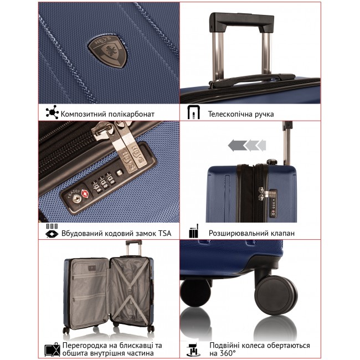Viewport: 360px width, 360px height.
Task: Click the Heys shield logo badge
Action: click(x=108, y=52)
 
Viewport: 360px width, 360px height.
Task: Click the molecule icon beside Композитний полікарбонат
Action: click(x=52, y=112)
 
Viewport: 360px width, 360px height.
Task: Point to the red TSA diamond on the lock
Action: click(x=85, y=194)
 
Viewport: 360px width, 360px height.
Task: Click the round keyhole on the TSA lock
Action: click(x=76, y=199)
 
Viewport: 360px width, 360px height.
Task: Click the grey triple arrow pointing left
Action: click(x=247, y=146)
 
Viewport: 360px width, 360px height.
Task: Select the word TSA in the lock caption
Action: click(x=164, y=234)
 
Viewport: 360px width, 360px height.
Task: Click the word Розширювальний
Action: click(x=239, y=234)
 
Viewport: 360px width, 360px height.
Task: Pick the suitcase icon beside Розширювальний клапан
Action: click(x=193, y=231)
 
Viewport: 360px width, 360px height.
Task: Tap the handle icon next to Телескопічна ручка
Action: click(x=193, y=112)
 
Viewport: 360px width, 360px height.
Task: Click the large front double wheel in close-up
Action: click(x=276, y=295)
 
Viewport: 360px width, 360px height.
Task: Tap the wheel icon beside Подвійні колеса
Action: click(x=193, y=349)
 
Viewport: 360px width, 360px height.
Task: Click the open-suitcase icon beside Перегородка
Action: click(x=52, y=349)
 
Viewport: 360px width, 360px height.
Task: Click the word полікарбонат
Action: click(x=131, y=114)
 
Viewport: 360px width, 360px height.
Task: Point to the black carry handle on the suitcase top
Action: click(x=252, y=80)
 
